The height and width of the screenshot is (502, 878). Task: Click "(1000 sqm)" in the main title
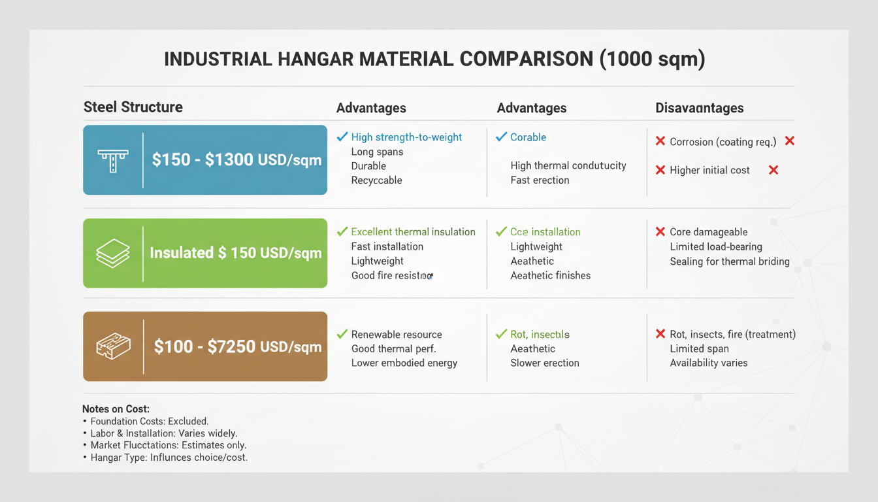tap(651, 59)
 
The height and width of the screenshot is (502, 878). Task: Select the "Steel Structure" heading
tap(133, 107)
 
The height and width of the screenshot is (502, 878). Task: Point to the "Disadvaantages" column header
tap(699, 108)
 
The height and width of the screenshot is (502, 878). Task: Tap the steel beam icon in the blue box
tap(113, 160)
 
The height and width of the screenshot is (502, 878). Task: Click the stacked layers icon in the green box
tap(113, 253)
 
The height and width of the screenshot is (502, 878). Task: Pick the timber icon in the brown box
tap(113, 346)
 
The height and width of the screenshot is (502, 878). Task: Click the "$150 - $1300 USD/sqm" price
tap(236, 160)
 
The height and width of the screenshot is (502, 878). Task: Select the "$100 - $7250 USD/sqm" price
tap(238, 346)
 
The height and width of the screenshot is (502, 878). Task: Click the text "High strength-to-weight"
tap(406, 137)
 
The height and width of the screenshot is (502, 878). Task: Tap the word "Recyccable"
tap(376, 180)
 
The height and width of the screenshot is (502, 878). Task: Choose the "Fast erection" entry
tap(540, 180)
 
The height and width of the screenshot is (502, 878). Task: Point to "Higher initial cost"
tap(709, 170)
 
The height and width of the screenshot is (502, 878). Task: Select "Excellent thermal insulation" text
tap(413, 232)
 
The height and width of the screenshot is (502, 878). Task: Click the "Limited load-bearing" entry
tap(716, 246)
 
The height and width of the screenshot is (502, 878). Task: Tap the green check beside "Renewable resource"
tap(342, 335)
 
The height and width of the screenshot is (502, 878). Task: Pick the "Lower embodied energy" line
tap(404, 363)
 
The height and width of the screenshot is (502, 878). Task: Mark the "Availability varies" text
tap(708, 363)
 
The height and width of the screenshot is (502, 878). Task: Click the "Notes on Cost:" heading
tap(116, 409)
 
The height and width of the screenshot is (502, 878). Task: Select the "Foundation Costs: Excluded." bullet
tap(149, 422)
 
